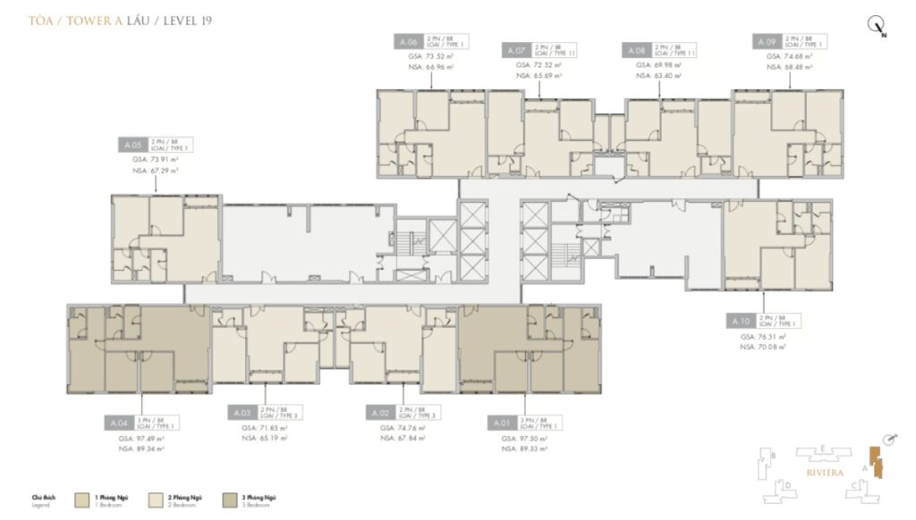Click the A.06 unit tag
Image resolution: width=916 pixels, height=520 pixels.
coord(408,42)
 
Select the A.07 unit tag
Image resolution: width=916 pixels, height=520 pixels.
coord(515,50)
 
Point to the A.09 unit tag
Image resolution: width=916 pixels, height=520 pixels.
coord(767,42)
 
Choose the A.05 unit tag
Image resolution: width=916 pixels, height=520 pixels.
coord(133,144)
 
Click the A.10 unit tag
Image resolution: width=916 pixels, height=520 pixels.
coord(740,320)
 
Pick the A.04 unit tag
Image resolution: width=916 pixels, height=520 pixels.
coord(120,421)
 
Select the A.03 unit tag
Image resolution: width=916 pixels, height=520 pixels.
coord(242,414)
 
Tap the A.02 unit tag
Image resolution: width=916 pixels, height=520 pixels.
coord(379,414)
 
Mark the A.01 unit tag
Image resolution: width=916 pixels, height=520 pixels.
coord(501,421)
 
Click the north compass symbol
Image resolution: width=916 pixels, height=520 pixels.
coord(876,26)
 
